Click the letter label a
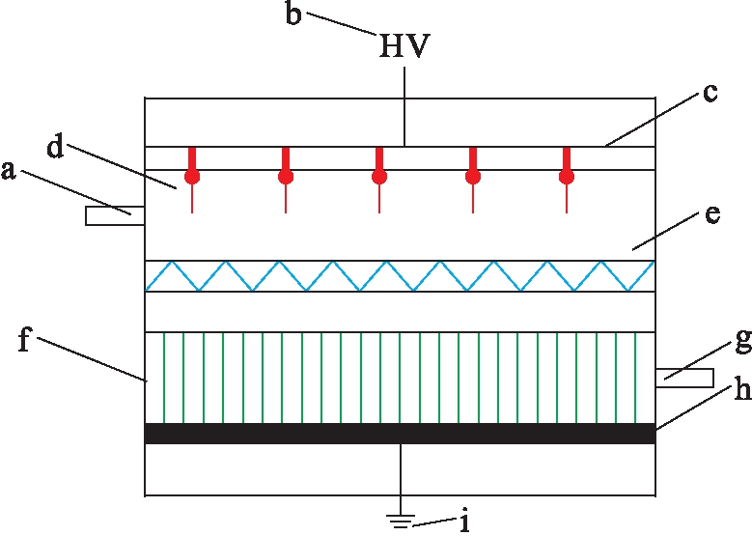tap(10, 171)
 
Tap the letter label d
tap(54, 148)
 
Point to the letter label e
tap(712, 215)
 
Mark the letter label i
tap(465, 522)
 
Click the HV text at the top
tap(404, 47)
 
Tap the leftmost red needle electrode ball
tap(192, 177)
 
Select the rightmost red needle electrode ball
tap(567, 177)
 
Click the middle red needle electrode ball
tap(379, 177)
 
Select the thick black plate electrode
tap(400, 434)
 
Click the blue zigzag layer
tap(400, 276)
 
